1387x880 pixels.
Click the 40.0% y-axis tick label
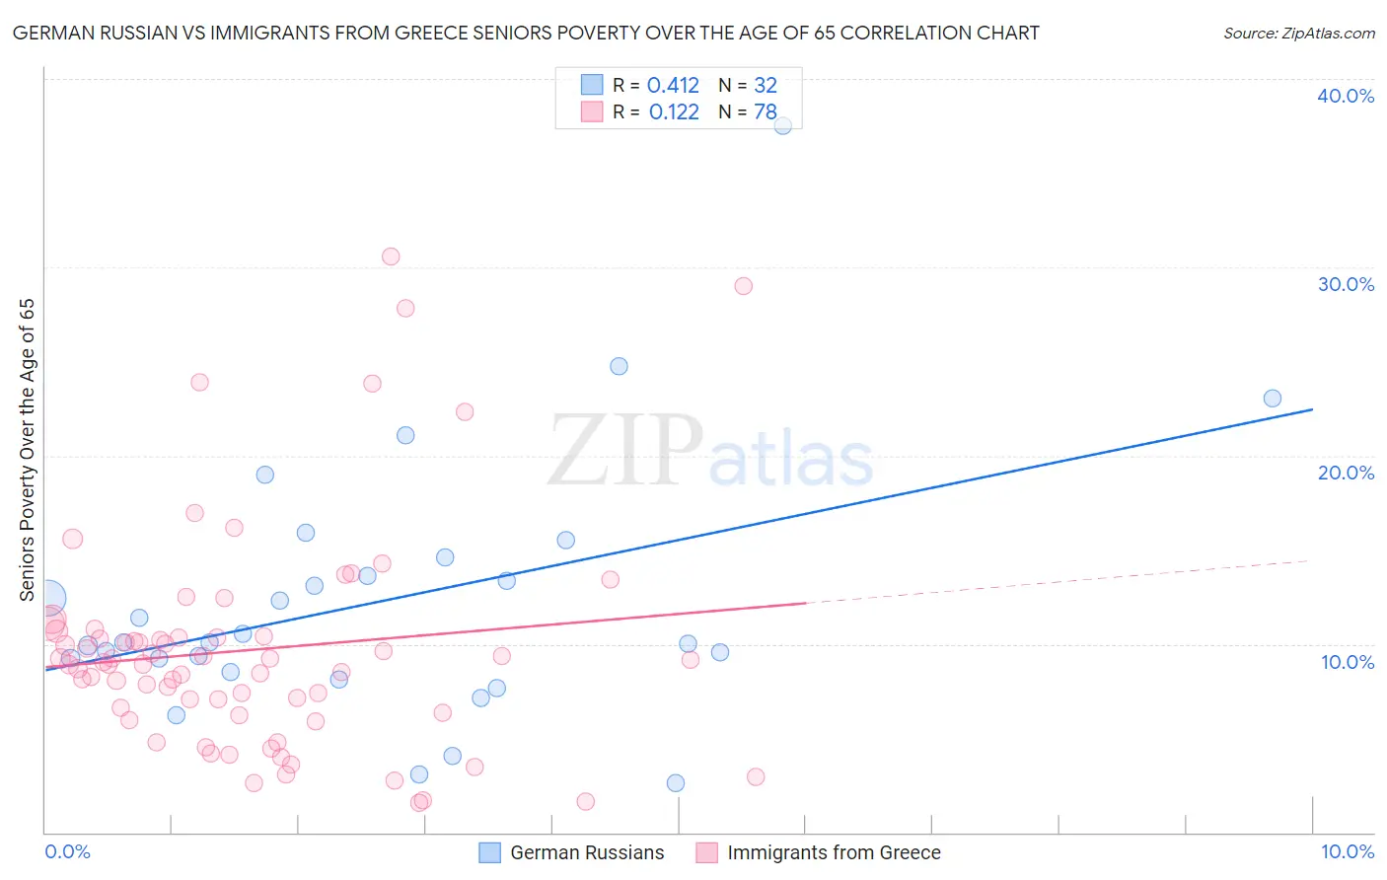pyautogui.click(x=1346, y=96)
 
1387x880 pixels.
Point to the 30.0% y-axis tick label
pyautogui.click(x=1346, y=284)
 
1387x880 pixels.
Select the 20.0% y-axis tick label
pyautogui.click(x=1346, y=473)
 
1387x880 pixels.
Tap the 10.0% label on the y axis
pyautogui.click(x=1348, y=662)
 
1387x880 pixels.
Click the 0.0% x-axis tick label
pyautogui.click(x=67, y=851)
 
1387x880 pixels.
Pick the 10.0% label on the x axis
pyautogui.click(x=1347, y=851)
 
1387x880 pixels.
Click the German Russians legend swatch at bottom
pyautogui.click(x=489, y=852)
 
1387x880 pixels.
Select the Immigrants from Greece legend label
pyautogui.click(x=834, y=852)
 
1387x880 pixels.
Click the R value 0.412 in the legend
pyautogui.click(x=673, y=86)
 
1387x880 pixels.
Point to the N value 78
pyautogui.click(x=766, y=112)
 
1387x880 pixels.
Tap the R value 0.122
pyautogui.click(x=674, y=112)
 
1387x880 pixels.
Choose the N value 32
pyautogui.click(x=766, y=86)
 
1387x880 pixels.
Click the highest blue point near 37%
pyautogui.click(x=782, y=125)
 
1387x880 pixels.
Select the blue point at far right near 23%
pyautogui.click(x=1273, y=399)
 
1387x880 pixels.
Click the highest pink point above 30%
pyautogui.click(x=391, y=257)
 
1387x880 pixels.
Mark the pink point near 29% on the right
pyautogui.click(x=744, y=286)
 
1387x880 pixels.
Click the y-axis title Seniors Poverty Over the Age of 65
pyautogui.click(x=28, y=450)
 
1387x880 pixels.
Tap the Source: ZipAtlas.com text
pyautogui.click(x=1298, y=34)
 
